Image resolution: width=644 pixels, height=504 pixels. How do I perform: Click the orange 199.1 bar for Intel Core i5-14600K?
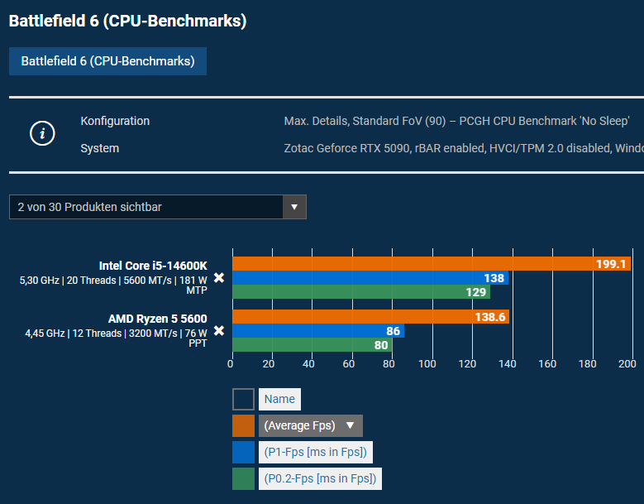pyautogui.click(x=430, y=264)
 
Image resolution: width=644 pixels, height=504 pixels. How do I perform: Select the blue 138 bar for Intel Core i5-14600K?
pyautogui.click(x=370, y=278)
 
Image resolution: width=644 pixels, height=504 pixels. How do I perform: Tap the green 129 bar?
pyautogui.click(x=360, y=292)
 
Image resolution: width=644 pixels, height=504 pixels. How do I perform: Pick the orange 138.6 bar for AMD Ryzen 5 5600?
pyautogui.click(x=370, y=317)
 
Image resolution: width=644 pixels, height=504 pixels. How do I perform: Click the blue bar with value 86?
pyautogui.click(x=317, y=331)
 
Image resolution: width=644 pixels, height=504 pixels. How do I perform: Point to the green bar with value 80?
pyautogui.click(x=312, y=345)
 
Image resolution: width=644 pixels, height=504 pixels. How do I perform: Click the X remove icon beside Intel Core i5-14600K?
pyautogui.click(x=219, y=278)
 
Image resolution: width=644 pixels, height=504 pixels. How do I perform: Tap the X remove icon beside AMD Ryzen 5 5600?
pyautogui.click(x=219, y=331)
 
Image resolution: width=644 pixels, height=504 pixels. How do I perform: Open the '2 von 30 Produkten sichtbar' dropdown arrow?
pyautogui.click(x=294, y=207)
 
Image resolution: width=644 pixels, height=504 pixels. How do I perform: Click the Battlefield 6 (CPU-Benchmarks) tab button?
pyautogui.click(x=107, y=61)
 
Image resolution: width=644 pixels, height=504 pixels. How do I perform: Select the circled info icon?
pyautogui.click(x=42, y=134)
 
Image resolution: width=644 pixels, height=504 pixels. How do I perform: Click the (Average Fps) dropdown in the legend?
pyautogui.click(x=310, y=426)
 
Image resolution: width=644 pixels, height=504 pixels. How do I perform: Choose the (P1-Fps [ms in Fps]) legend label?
pyautogui.click(x=315, y=452)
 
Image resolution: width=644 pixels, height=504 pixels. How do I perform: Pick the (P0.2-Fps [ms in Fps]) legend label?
pyautogui.click(x=320, y=478)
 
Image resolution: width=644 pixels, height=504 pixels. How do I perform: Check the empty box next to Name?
pyautogui.click(x=243, y=400)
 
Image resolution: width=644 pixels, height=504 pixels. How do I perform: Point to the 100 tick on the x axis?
pyautogui.click(x=427, y=363)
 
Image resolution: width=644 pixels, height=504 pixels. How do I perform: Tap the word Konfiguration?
pyautogui.click(x=115, y=121)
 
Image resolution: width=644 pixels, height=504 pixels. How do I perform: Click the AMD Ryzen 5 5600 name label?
pyautogui.click(x=157, y=319)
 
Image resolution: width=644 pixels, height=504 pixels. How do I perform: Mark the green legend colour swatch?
pyautogui.click(x=243, y=478)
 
